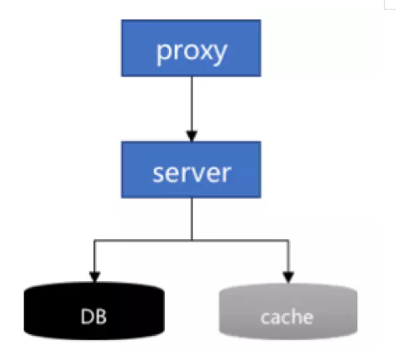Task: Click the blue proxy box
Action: click(x=191, y=48)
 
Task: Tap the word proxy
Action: click(x=192, y=52)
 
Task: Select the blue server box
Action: click(x=191, y=170)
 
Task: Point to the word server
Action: click(x=192, y=174)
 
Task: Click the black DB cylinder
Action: click(x=94, y=311)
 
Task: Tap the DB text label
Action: click(x=93, y=317)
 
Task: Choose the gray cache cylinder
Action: click(x=288, y=312)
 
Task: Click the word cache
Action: click(x=287, y=317)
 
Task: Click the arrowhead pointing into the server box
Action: click(x=192, y=136)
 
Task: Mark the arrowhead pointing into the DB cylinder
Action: click(x=94, y=277)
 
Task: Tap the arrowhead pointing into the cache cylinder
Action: click(x=288, y=277)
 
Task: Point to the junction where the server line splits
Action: click(x=192, y=240)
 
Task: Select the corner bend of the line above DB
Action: click(x=94, y=241)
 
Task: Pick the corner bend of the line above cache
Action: click(x=288, y=241)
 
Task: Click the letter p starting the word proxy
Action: click(x=163, y=54)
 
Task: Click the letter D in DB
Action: click(x=87, y=317)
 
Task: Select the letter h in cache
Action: click(x=294, y=317)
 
